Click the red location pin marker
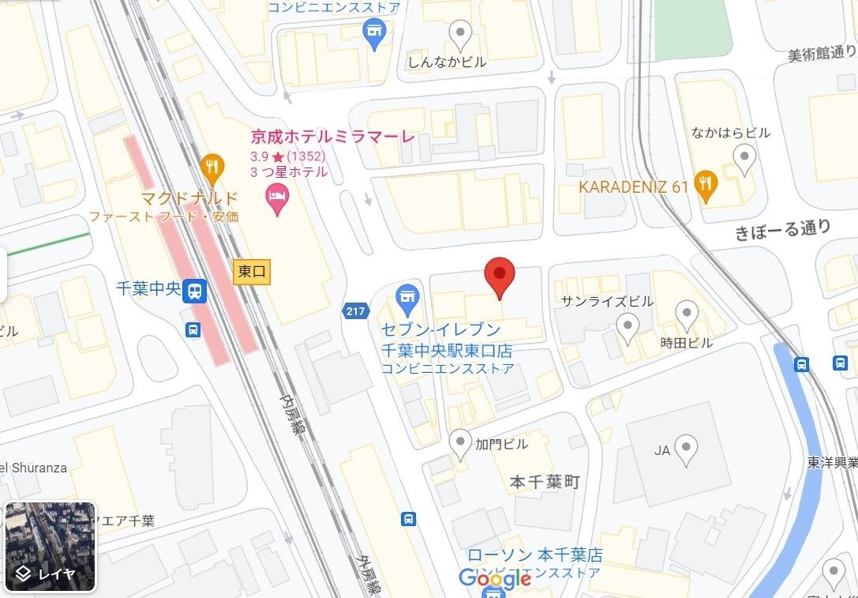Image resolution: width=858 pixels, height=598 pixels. click(x=499, y=276)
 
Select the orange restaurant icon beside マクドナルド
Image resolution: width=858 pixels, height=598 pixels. click(x=211, y=167)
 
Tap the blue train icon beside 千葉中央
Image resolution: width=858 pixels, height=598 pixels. click(x=194, y=292)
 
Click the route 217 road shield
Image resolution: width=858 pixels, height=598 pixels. click(x=355, y=311)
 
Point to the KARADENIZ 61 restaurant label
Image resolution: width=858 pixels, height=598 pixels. click(x=634, y=187)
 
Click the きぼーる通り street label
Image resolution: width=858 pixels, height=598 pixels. click(x=782, y=229)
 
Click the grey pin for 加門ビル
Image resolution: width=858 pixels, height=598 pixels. click(x=460, y=443)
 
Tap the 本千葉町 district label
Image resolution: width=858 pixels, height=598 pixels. click(x=545, y=482)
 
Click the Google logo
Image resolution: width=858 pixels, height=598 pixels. click(x=494, y=577)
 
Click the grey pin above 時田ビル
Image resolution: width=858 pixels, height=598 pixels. click(x=687, y=315)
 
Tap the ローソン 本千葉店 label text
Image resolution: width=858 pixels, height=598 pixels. click(x=534, y=555)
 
